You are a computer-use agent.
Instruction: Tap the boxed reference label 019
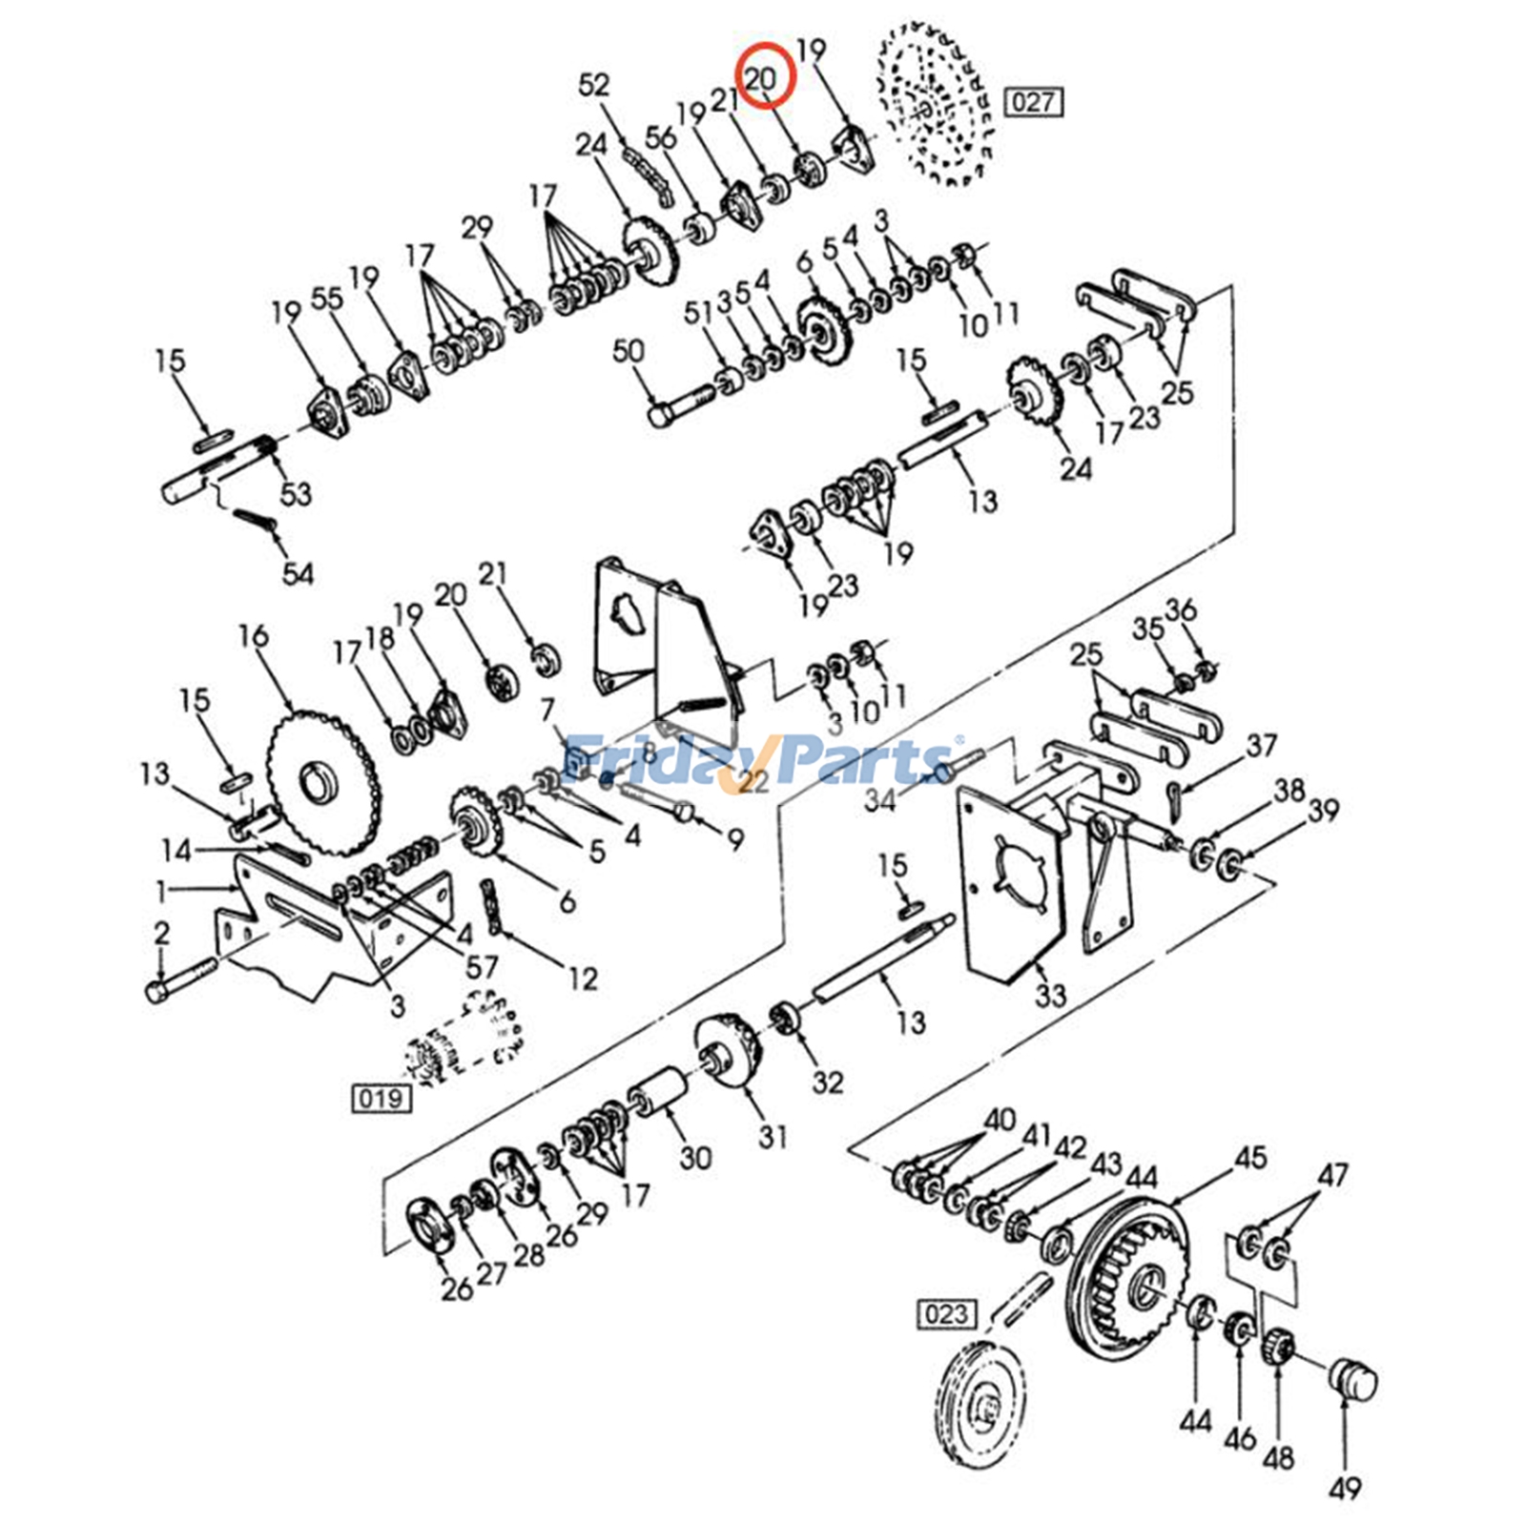[x=381, y=1098]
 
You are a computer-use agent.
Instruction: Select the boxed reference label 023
[x=945, y=1314]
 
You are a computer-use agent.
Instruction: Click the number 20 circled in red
[x=760, y=78]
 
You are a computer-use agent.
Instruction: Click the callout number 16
[x=253, y=635]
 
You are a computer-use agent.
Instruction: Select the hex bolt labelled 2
[x=182, y=980]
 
